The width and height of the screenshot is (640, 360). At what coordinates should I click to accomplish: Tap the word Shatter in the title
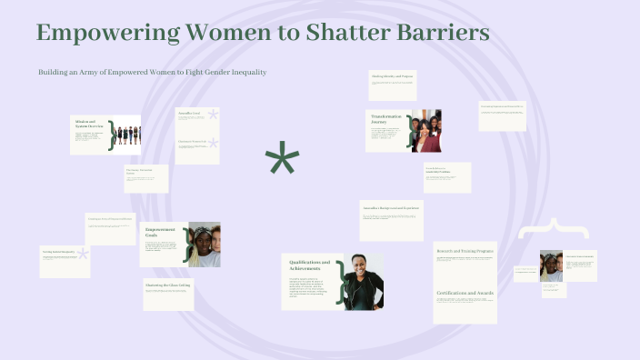[x=328, y=34]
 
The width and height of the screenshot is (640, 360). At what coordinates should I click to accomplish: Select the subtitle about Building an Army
[x=152, y=72]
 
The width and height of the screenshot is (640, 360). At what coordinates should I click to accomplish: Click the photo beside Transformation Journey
[x=426, y=131]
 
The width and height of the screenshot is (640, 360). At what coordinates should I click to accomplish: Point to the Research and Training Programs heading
[x=465, y=251]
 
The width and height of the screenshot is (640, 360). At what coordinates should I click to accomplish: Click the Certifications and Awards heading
[x=465, y=293]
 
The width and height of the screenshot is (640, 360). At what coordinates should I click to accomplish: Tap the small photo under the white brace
[x=551, y=265]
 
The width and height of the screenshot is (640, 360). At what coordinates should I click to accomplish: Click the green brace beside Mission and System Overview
[x=111, y=135]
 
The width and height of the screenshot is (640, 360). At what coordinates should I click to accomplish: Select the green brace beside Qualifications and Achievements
[x=342, y=281]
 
